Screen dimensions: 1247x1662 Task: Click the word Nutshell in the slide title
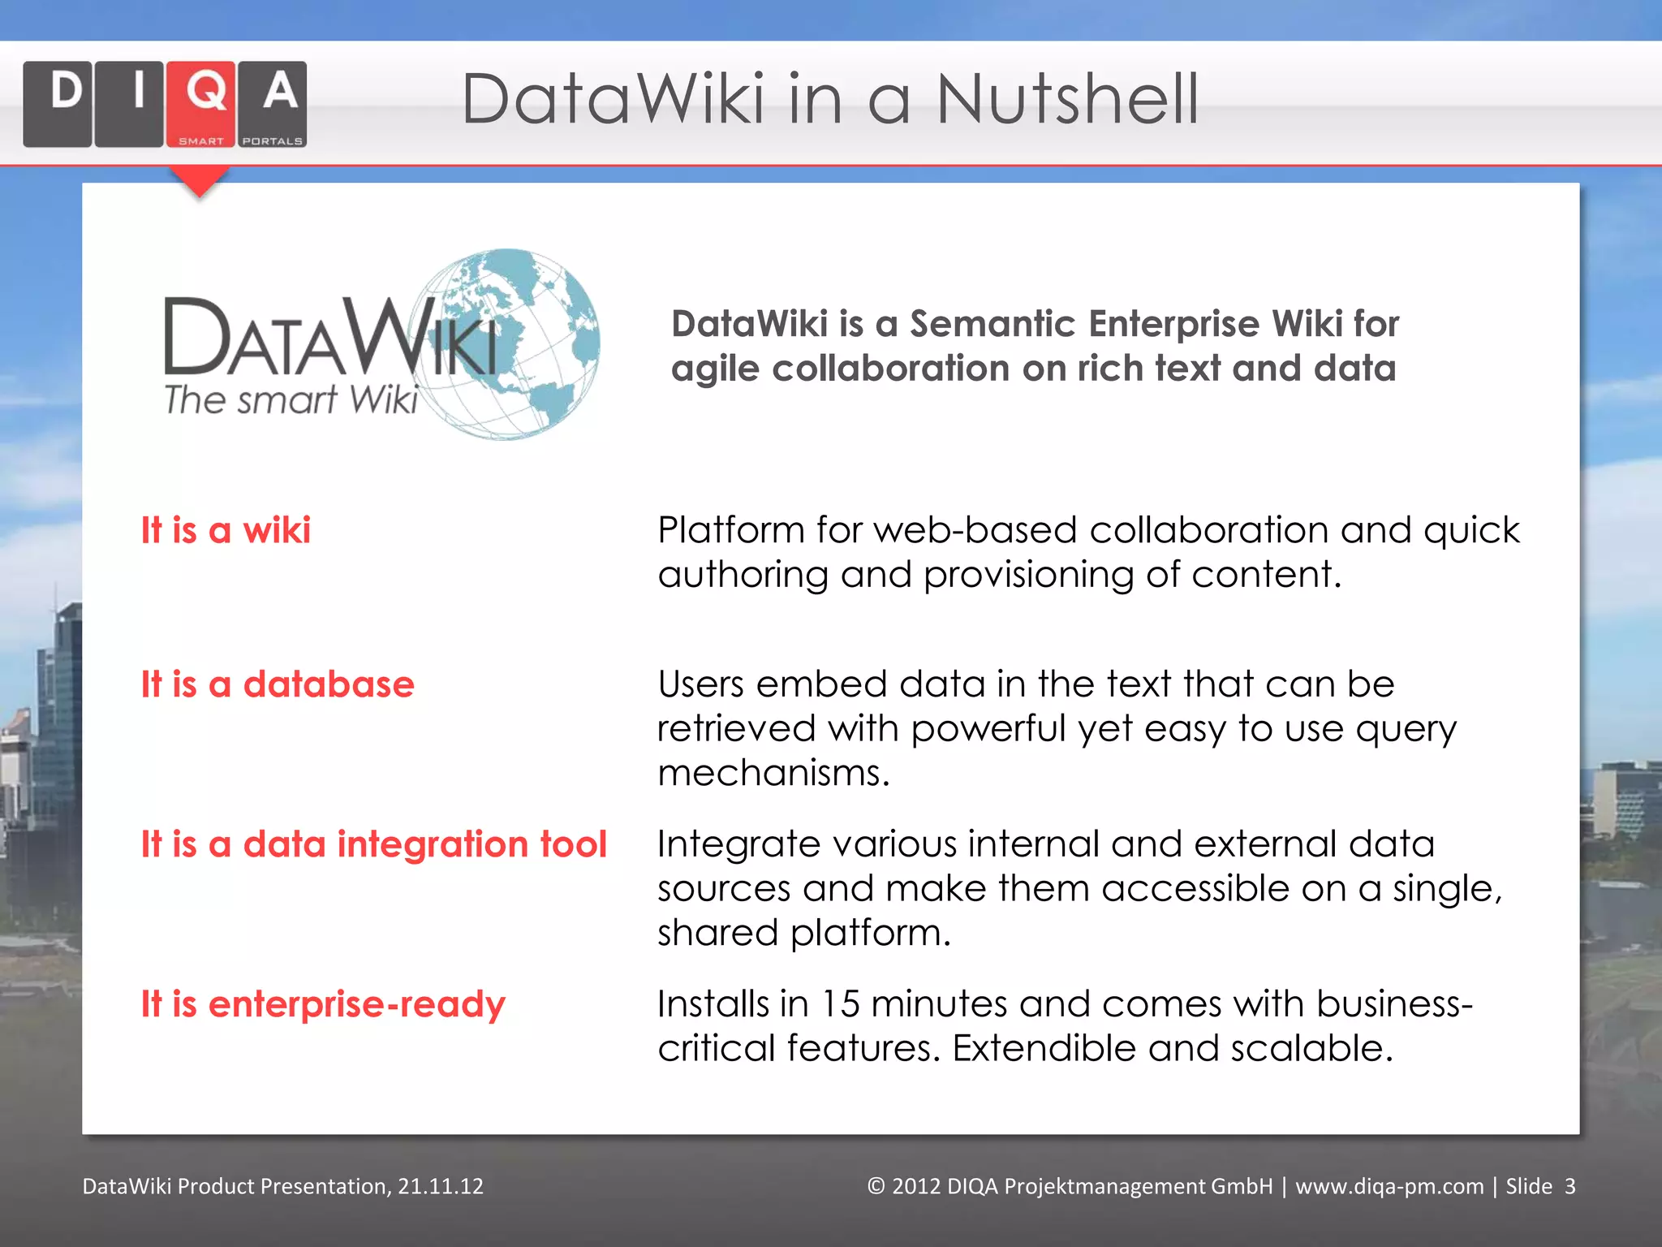pyautogui.click(x=1067, y=100)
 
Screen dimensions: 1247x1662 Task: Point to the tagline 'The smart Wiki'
pyautogui.click(x=291, y=399)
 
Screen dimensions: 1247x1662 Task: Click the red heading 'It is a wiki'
pyautogui.click(x=226, y=530)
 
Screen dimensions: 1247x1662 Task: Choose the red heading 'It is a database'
pyautogui.click(x=278, y=684)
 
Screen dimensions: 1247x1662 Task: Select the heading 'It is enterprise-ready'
pyautogui.click(x=323, y=1004)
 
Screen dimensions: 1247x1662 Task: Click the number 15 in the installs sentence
pyautogui.click(x=839, y=1004)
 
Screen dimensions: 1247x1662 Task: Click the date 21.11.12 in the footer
pyautogui.click(x=441, y=1186)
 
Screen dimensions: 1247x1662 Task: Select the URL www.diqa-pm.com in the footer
pyautogui.click(x=1389, y=1186)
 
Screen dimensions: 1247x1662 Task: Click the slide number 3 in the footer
pyautogui.click(x=1569, y=1186)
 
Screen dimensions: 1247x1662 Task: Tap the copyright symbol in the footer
pyautogui.click(x=876, y=1186)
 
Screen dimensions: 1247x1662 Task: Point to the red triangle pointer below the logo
pyautogui.click(x=199, y=180)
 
